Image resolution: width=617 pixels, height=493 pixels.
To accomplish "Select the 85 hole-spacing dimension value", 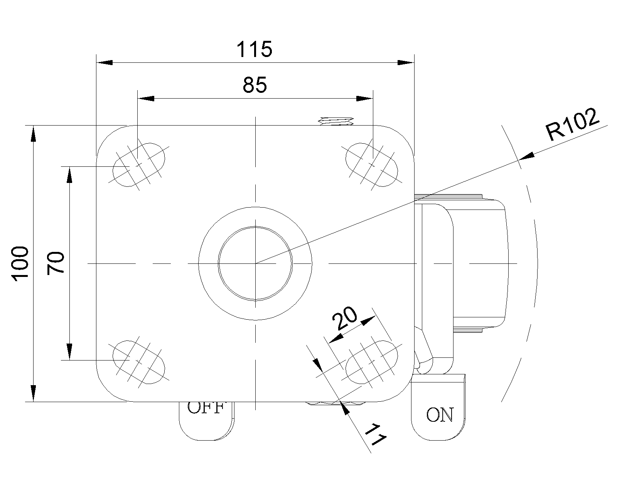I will pos(255,85).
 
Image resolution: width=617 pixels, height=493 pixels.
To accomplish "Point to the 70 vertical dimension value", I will pos(56,263).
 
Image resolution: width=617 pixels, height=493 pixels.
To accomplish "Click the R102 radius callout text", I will pos(573,125).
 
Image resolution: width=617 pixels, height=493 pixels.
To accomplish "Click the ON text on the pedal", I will pos(440,415).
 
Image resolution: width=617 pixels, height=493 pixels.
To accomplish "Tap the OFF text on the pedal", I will pos(206,407).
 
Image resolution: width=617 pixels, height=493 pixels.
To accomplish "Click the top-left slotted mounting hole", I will pos(138,164).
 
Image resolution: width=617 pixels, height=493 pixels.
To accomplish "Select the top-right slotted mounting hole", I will pos(372,164).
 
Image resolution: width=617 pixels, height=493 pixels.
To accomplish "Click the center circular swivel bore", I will pos(255,263).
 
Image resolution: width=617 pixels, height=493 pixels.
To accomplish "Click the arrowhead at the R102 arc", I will pos(527,156).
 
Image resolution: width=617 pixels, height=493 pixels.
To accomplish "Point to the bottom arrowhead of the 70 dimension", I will pos(69,352).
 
